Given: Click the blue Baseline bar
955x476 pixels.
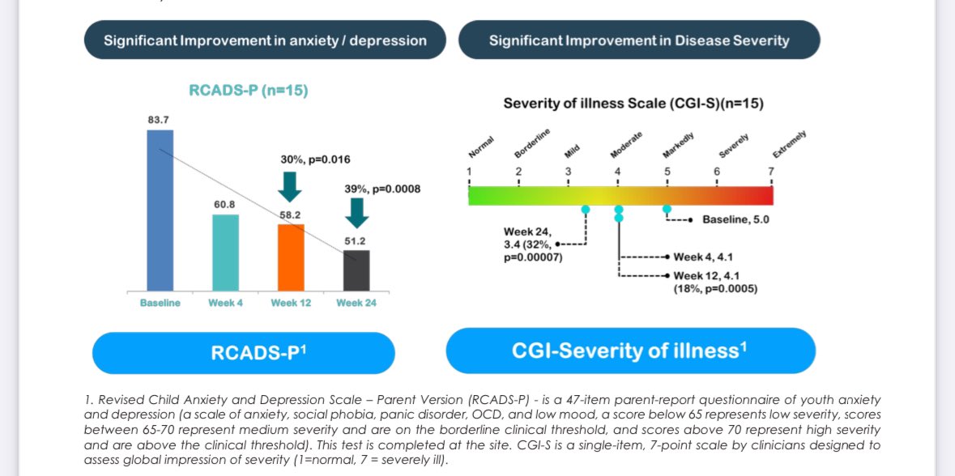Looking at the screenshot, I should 160,210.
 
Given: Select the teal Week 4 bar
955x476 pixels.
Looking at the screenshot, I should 226,252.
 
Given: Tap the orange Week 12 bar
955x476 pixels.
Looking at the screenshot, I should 291,257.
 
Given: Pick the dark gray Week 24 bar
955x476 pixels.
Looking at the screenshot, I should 356,270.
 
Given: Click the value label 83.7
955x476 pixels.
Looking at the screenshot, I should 159,120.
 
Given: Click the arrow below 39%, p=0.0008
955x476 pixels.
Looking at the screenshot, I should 356,212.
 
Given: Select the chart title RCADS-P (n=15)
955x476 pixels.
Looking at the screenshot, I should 248,91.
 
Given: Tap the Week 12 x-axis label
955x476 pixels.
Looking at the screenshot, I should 291,303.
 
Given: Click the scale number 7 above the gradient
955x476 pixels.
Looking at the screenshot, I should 771,171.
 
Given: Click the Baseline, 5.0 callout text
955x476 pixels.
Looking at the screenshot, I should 735,219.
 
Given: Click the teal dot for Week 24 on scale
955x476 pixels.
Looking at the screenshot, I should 586,209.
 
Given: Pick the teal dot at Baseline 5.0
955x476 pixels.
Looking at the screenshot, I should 667,209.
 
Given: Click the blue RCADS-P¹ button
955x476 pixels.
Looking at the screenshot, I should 243,352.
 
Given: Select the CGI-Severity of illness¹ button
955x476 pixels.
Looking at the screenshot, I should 630,351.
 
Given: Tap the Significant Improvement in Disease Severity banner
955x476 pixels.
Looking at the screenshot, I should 638,40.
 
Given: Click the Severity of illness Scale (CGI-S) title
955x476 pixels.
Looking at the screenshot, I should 633,104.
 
